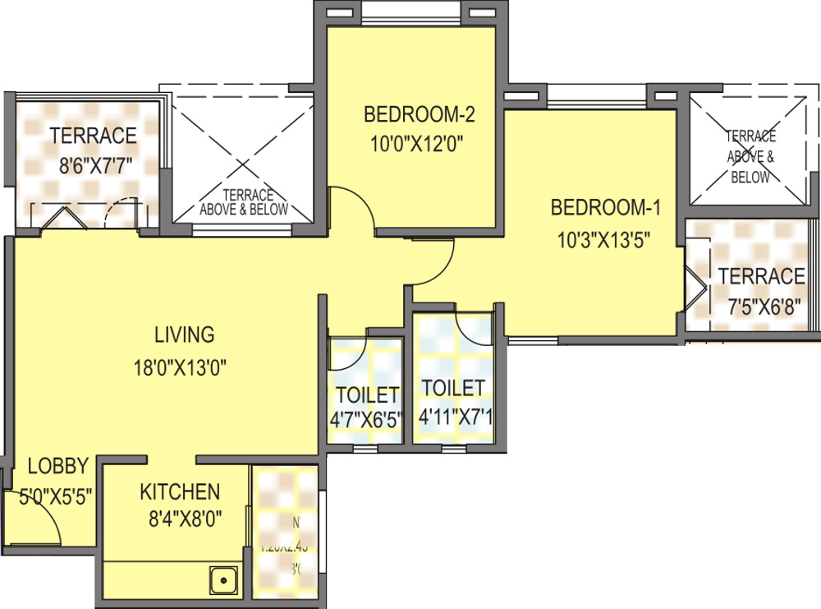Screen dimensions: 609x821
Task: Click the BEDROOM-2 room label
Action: (420, 113)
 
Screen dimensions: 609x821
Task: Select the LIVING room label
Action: (184, 334)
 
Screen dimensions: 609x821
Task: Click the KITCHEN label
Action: (179, 491)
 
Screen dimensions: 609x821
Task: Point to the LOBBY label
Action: (57, 466)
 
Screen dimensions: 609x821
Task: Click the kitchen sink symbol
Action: (222, 582)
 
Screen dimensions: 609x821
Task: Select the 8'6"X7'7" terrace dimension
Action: (95, 165)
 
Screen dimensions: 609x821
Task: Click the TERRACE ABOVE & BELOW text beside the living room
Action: (244, 202)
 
